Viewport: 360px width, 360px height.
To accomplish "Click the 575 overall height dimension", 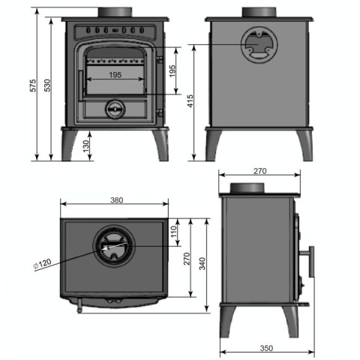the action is pos(33,85).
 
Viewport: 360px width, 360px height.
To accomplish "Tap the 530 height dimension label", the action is pos(47,85).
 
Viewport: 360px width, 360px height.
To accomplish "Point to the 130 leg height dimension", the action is pos(85,146).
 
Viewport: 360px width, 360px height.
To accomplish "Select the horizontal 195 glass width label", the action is pos(115,75).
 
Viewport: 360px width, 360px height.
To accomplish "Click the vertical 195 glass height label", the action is pos(172,71).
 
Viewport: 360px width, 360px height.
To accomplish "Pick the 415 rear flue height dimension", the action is pos(190,101).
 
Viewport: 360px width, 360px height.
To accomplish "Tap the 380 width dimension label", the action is pos(117,200).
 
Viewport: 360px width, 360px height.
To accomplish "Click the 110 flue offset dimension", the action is pos(174,232).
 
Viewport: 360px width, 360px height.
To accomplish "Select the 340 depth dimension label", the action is pos(202,263).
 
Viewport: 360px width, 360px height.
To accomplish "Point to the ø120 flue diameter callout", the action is pos(42,263).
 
